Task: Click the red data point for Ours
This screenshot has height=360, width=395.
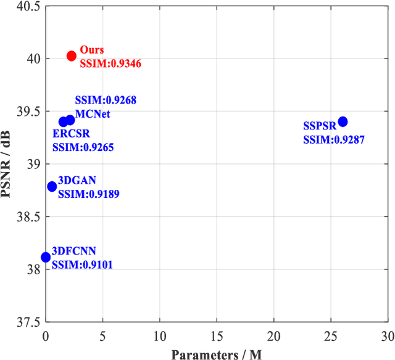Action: [x=71, y=56]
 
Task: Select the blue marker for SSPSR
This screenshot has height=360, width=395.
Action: [x=343, y=121]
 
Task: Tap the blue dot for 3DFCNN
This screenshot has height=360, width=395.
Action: [x=46, y=257]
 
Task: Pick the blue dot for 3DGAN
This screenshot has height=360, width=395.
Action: [x=52, y=186]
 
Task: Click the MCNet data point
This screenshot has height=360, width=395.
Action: [x=70, y=120]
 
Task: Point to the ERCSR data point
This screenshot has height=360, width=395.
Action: [x=63, y=122]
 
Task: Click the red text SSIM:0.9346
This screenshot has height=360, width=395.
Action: [x=110, y=62]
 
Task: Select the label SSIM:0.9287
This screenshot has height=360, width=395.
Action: [x=333, y=140]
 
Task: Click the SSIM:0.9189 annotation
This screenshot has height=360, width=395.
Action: [x=88, y=194]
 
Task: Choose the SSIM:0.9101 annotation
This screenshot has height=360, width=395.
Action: [x=82, y=264]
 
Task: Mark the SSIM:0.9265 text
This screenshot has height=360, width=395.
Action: [x=83, y=147]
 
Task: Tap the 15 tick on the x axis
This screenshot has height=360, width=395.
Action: [x=217, y=337]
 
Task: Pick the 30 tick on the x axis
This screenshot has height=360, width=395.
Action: [x=387, y=337]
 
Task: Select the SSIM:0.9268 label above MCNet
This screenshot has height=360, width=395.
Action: [x=106, y=100]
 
